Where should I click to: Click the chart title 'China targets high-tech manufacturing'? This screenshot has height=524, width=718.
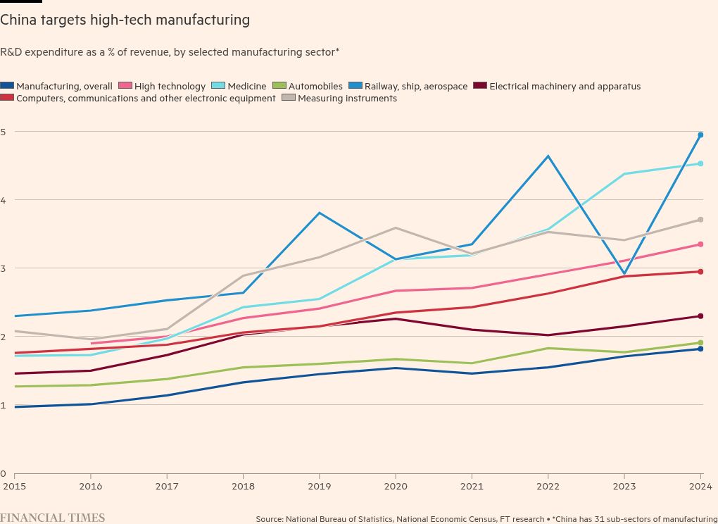[x=125, y=20]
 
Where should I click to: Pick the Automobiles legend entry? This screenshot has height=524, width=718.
[x=309, y=87]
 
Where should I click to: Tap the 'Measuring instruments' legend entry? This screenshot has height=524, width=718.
[x=340, y=99]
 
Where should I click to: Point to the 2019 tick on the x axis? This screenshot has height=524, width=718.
[x=319, y=486]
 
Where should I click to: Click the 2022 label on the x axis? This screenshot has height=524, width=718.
[x=548, y=486]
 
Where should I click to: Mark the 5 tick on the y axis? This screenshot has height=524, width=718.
[x=3, y=132]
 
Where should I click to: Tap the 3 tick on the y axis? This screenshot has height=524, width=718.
[x=3, y=268]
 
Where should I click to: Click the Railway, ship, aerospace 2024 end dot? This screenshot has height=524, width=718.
[x=700, y=135]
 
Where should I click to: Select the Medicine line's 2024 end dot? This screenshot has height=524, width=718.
[x=700, y=163]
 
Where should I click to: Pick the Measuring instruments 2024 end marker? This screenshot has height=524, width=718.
[x=700, y=220]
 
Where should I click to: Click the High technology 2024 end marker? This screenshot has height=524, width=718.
[x=700, y=244]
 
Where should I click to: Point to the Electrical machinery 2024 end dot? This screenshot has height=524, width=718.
[x=700, y=316]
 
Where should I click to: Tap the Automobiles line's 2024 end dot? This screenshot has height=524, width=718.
[x=700, y=343]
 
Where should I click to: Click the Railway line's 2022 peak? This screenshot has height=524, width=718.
[x=548, y=156]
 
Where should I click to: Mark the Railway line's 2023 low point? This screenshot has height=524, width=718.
[x=624, y=274]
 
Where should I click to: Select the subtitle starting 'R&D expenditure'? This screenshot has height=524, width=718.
[x=170, y=52]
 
